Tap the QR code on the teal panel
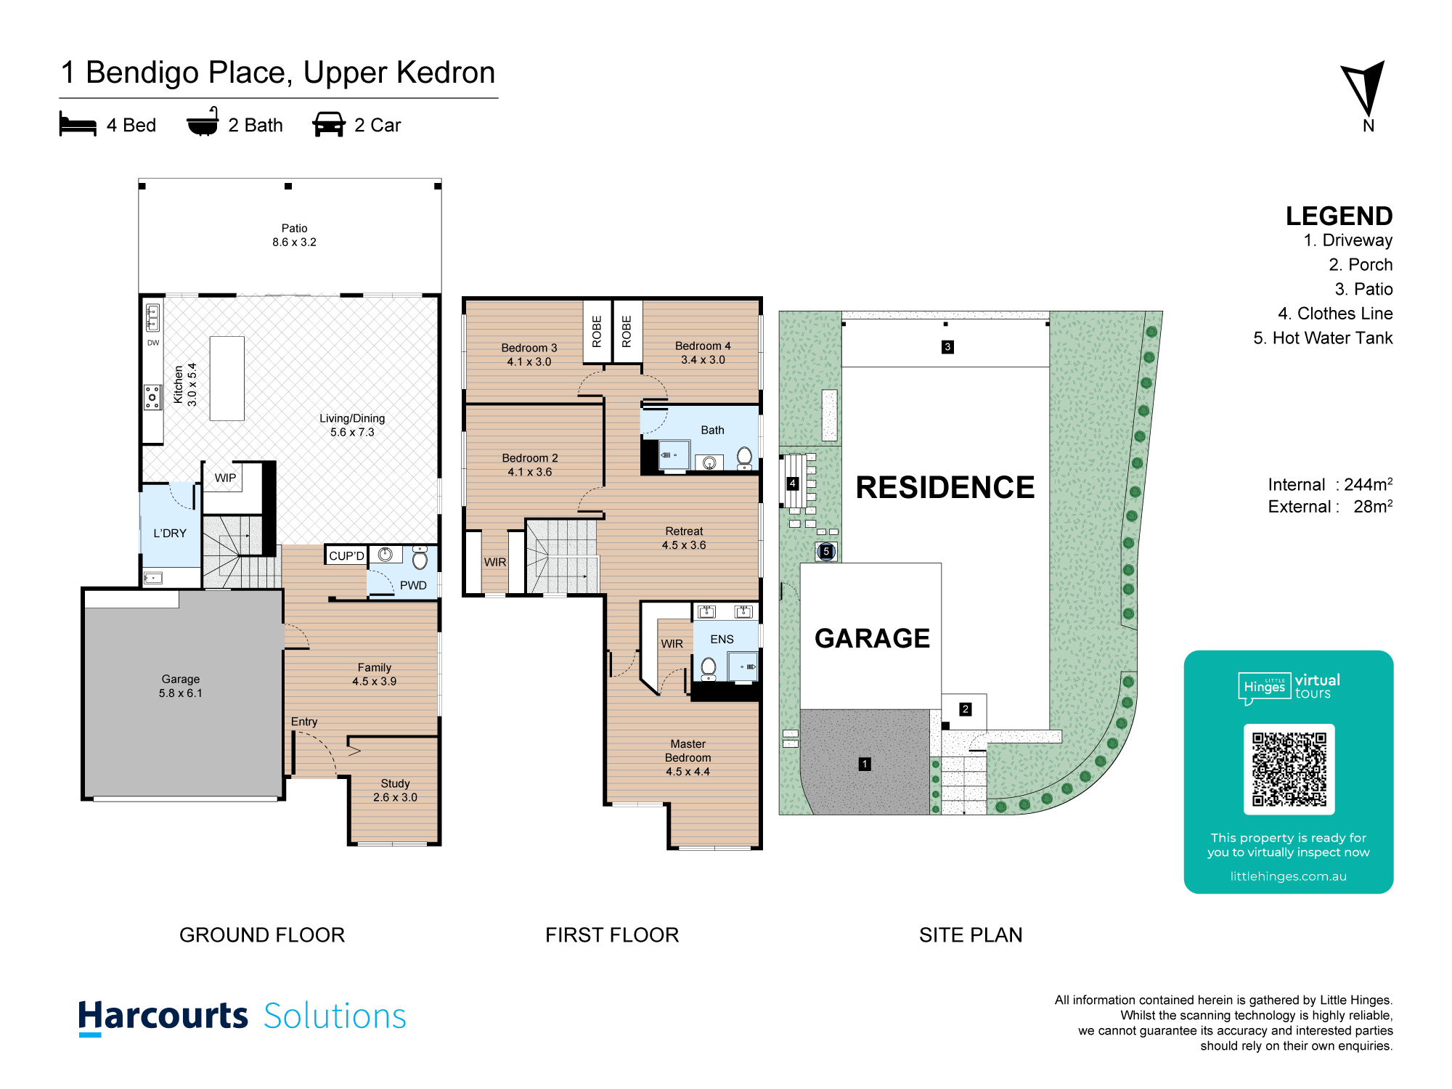[1289, 769]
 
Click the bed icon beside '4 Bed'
[78, 124]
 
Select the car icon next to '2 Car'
[328, 124]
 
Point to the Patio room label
[294, 228]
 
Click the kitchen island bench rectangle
[227, 378]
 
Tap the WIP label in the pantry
[225, 478]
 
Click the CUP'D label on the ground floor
[346, 556]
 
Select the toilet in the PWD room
[420, 558]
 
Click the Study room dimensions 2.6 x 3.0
[395, 797]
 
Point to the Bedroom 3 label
[529, 348]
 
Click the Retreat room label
[684, 531]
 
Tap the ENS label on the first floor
[722, 639]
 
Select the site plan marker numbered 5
[826, 551]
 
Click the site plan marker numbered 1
[865, 764]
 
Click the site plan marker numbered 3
[947, 347]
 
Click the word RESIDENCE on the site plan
[945, 487]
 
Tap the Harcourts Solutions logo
[242, 1016]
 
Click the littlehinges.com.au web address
[1288, 876]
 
